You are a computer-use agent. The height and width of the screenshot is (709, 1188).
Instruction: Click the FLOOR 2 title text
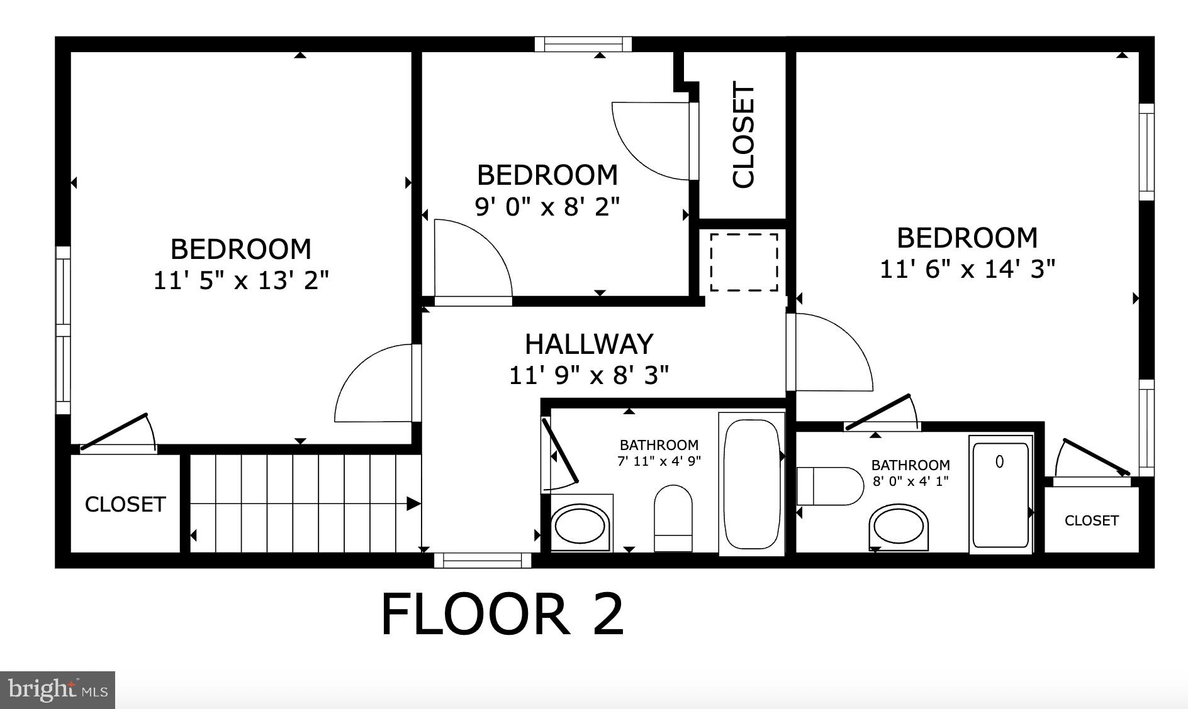502,614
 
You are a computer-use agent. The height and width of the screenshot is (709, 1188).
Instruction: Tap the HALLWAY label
589,344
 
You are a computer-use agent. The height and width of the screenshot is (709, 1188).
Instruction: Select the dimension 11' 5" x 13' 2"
241,280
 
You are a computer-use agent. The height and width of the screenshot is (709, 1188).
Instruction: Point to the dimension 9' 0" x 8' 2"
547,206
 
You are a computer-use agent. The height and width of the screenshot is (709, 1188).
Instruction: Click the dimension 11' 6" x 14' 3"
967,269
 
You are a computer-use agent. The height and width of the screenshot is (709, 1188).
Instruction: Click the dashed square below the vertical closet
744,262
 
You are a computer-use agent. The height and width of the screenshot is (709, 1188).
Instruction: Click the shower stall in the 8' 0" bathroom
1000,495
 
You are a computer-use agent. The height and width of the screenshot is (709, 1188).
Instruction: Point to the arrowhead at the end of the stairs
413,503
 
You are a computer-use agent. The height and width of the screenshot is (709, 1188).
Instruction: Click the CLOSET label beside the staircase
125,504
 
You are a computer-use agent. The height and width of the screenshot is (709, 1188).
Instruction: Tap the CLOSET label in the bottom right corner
1091,520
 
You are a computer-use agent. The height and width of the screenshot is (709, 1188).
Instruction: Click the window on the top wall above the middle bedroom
583,44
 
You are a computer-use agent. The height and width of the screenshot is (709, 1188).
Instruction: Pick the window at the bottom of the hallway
483,559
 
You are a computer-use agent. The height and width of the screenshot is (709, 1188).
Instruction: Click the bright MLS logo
58,690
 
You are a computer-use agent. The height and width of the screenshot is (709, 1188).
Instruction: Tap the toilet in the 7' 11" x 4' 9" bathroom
673,517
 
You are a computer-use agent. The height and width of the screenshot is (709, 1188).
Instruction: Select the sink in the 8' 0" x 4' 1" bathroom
899,527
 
